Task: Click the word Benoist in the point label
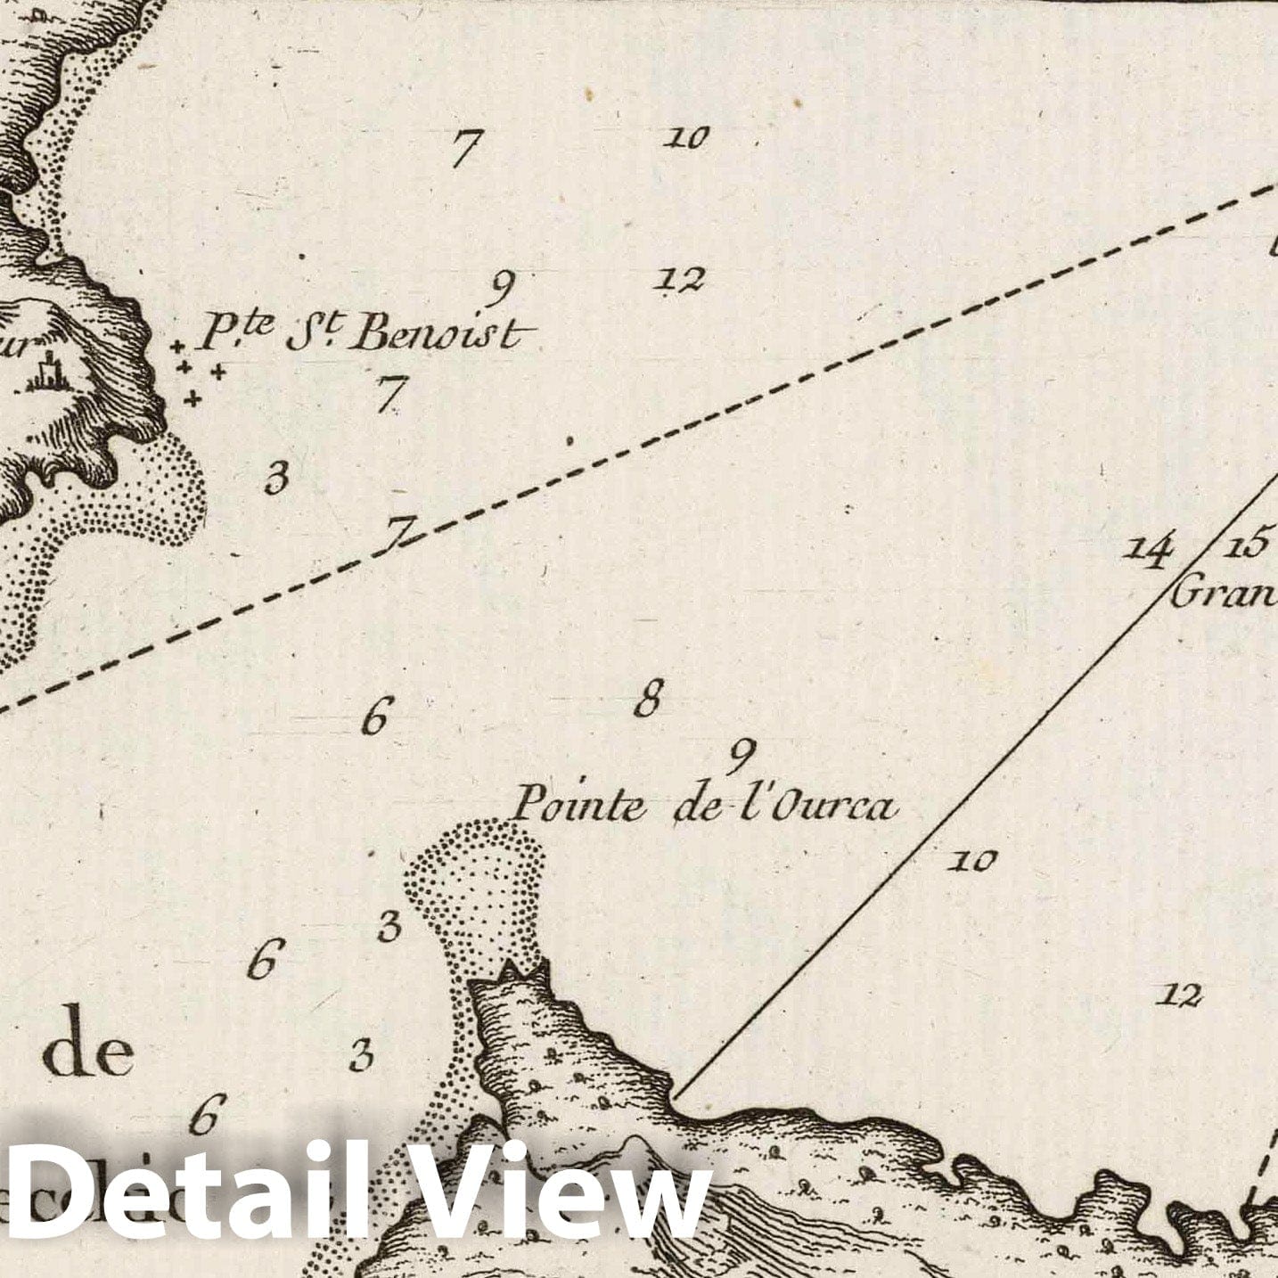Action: (438, 335)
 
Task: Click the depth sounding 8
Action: (649, 699)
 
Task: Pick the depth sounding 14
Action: (1148, 550)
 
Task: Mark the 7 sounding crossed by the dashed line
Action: (397, 535)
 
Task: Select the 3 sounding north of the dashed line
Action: (277, 479)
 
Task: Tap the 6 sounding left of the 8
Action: (375, 715)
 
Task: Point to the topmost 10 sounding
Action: (687, 137)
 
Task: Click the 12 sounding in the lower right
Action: (1180, 995)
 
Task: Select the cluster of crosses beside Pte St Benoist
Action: (196, 372)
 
